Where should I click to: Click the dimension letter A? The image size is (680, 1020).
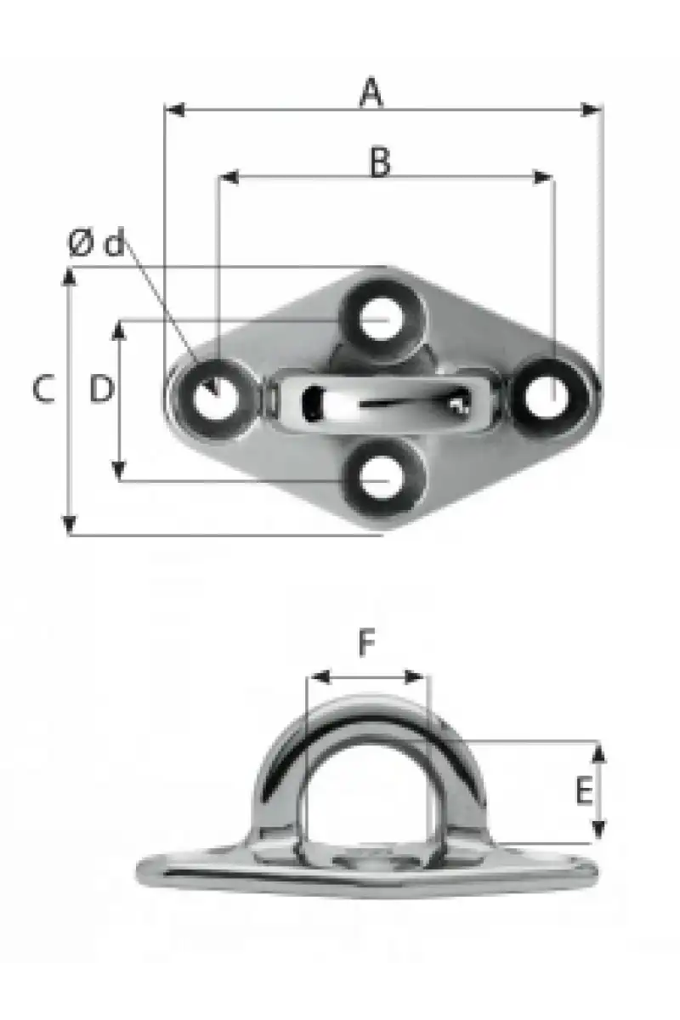[371, 93]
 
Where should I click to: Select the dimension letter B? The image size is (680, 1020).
[380, 161]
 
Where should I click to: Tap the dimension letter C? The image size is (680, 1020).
[44, 388]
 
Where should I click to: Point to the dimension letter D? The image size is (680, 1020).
[101, 388]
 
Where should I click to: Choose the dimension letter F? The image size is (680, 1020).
[367, 642]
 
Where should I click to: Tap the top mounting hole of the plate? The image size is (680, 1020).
[382, 319]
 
